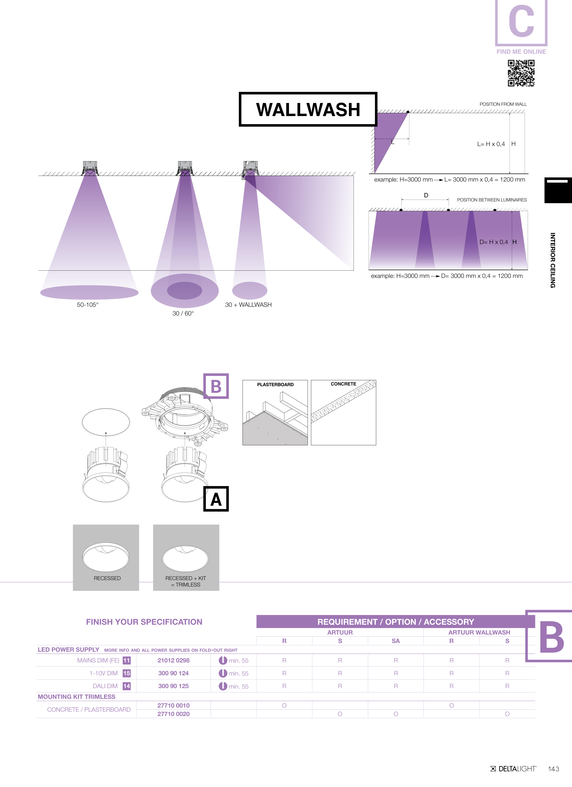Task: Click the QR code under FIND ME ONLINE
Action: [521, 73]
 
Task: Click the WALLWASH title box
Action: [308, 109]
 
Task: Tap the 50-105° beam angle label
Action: [88, 305]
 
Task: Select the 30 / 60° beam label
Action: [183, 313]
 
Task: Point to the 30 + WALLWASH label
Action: [248, 305]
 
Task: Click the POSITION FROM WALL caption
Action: [503, 104]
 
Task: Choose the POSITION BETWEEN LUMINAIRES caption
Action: [492, 200]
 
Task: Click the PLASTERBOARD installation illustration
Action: [275, 412]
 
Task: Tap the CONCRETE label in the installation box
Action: [343, 384]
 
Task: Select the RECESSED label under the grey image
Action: [107, 578]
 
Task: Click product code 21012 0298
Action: [173, 660]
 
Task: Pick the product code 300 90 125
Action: [173, 686]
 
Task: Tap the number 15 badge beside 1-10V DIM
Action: [127, 673]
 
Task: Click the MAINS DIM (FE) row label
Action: [98, 660]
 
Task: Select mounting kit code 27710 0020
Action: [173, 714]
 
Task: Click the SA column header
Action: [396, 641]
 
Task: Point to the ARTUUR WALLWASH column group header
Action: [479, 632]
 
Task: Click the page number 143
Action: [554, 769]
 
